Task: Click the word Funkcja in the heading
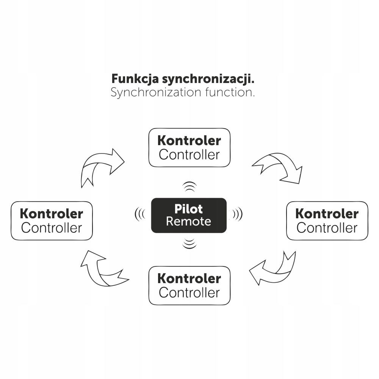click(135, 80)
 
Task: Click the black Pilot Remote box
click(189, 215)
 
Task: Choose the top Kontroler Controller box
click(189, 147)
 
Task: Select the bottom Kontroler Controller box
click(189, 285)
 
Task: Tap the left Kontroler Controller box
click(52, 221)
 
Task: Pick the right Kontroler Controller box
click(327, 221)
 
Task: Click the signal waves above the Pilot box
click(189, 186)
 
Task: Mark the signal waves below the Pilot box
click(189, 243)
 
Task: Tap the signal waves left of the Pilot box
click(140, 215)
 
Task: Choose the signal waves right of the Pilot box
click(238, 215)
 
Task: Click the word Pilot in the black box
click(188, 209)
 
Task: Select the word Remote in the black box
click(188, 221)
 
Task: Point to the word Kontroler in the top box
click(189, 141)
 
